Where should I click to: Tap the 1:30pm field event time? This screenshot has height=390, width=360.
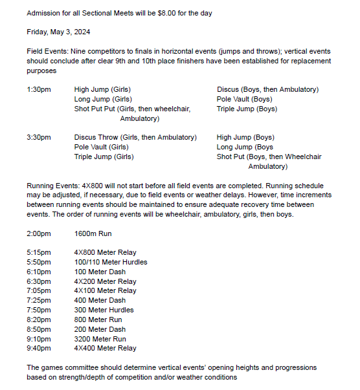coord(39,90)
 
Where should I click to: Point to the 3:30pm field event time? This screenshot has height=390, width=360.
coord(39,137)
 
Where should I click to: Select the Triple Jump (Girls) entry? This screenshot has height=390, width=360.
coord(104,157)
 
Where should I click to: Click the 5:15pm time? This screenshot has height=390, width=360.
coord(38,252)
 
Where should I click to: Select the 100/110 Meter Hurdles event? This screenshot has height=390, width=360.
coord(111,262)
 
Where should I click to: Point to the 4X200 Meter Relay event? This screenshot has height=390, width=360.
coord(105,281)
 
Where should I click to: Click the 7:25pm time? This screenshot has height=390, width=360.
coord(38,301)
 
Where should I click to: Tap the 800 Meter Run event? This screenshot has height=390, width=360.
coord(97,320)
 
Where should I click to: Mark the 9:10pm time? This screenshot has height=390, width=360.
coord(38,339)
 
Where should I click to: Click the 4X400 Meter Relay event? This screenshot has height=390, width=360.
coord(105,349)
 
